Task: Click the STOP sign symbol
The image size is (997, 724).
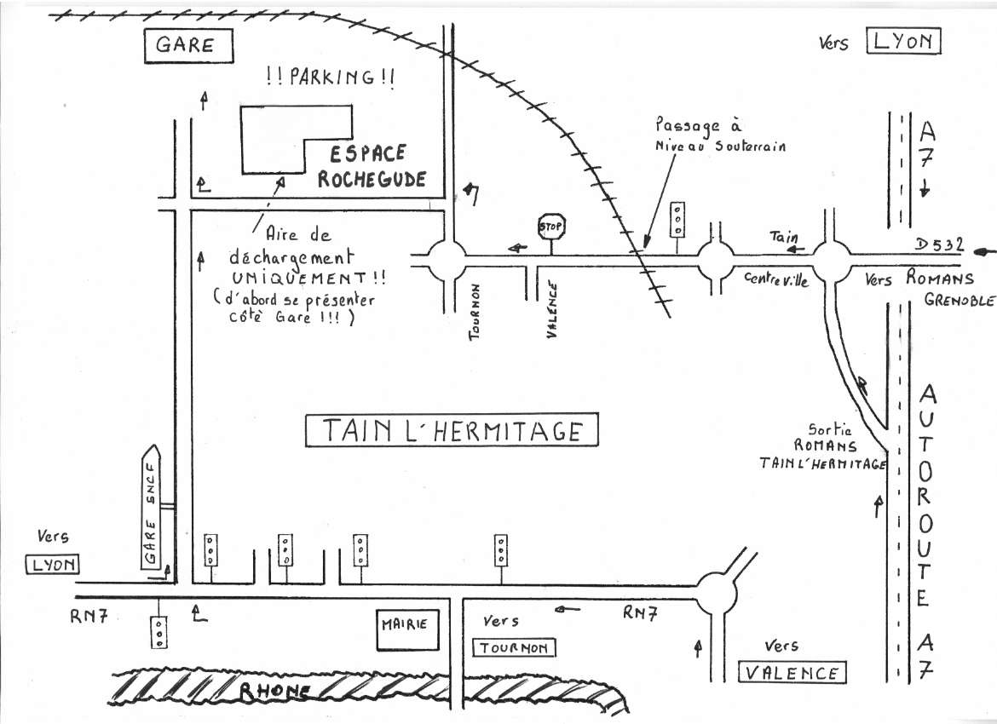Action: (x=552, y=227)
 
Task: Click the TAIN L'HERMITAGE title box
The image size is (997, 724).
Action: (x=452, y=431)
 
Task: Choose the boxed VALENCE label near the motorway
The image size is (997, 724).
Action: (x=792, y=673)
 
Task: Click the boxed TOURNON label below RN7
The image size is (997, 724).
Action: (x=515, y=648)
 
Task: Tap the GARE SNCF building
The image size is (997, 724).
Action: (x=151, y=509)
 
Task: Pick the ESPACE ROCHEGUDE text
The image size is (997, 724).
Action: (x=376, y=166)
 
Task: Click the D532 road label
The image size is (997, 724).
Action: (x=939, y=245)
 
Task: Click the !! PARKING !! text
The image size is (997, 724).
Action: (x=330, y=78)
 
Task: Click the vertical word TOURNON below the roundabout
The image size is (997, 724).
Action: (x=476, y=313)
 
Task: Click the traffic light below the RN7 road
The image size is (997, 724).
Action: (x=158, y=631)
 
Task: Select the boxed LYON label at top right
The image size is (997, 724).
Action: (x=903, y=41)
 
